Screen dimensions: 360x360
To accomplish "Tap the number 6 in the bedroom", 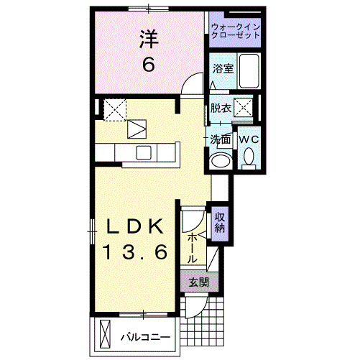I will (x=148, y=65).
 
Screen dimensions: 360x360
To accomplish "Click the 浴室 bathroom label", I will (x=222, y=69).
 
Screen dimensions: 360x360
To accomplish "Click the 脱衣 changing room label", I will (x=221, y=109).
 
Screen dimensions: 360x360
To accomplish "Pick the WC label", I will (x=248, y=138).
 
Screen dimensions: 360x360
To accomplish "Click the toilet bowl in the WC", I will (x=249, y=156).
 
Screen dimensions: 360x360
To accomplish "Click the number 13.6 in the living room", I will (x=136, y=251).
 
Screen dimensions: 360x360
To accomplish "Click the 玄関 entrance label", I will (x=198, y=282).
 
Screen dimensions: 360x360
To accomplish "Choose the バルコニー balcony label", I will (x=144, y=336).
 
